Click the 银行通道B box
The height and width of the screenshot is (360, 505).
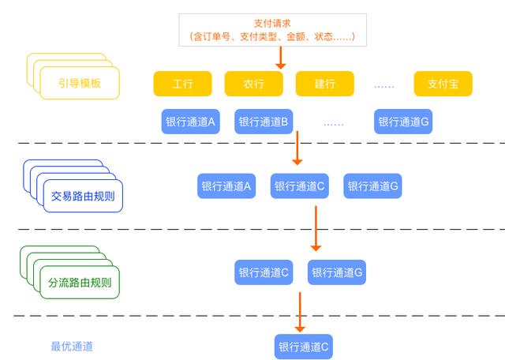point(264,122)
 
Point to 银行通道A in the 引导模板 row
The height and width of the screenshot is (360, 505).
point(190,122)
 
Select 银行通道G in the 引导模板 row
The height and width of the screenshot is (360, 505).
point(403,122)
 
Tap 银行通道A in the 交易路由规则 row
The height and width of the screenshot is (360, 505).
point(226,186)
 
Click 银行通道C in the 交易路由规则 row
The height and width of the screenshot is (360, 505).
point(300,186)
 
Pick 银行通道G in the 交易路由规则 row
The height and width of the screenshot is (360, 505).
point(373,186)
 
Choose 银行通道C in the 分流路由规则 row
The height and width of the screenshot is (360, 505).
point(264,272)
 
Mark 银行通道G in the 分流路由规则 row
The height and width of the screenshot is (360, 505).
point(337,272)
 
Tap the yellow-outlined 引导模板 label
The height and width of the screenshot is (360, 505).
point(80,83)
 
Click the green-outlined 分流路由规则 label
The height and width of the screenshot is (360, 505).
point(80,282)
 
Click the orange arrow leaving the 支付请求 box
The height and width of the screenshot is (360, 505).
point(281,57)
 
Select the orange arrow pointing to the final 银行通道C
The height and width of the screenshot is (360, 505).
point(300,312)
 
